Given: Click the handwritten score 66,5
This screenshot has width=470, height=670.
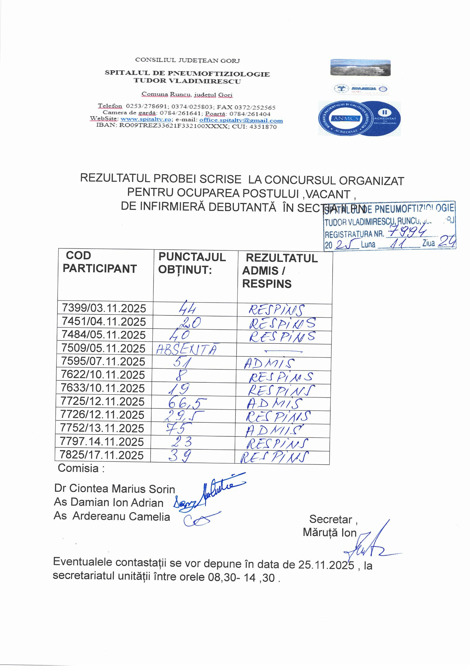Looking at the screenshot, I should (187, 403).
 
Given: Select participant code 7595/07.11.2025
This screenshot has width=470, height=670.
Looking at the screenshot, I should (103, 362).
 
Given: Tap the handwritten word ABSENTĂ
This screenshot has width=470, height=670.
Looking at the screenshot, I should (186, 349).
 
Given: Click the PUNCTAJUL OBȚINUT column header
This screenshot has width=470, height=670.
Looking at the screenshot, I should (192, 263).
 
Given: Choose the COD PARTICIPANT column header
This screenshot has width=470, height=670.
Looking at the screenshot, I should (100, 262).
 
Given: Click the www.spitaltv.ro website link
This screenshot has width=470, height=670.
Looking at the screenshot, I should (146, 120).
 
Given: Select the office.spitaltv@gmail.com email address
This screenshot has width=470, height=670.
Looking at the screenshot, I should (241, 120).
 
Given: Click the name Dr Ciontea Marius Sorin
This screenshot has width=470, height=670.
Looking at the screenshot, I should (114, 489).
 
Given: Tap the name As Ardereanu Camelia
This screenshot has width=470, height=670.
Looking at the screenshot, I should (112, 516).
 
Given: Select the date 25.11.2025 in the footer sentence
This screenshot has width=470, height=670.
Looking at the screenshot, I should (326, 564).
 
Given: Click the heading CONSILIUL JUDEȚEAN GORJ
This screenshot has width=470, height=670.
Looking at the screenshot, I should (187, 60).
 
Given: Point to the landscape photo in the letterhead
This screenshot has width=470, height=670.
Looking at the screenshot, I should (360, 68).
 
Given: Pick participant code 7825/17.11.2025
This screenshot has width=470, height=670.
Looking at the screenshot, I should (102, 455).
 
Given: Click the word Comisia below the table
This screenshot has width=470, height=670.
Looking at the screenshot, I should (78, 468).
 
